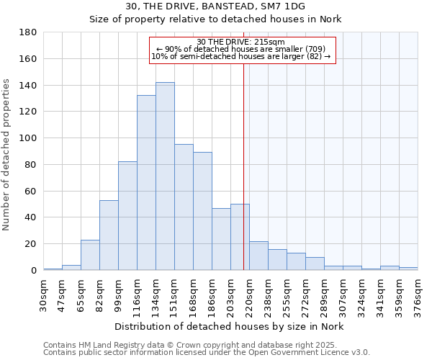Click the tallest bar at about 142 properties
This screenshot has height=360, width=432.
[x=165, y=176]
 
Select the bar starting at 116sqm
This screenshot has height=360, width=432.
[x=146, y=183]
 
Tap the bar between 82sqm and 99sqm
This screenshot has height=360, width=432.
[x=109, y=235]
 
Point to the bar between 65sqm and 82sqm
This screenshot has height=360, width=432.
[x=90, y=255]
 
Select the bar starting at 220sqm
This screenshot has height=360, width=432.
[x=258, y=256]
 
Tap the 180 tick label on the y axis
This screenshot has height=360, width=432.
[x=29, y=32]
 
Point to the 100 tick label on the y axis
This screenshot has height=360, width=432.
[x=29, y=138]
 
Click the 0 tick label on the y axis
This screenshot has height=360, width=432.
[x=33, y=271]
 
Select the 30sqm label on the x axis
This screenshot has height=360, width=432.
[x=44, y=295]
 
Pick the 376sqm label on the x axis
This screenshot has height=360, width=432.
[x=418, y=295]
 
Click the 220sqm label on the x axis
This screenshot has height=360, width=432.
[x=250, y=295]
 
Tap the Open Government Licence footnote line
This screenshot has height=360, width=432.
[x=207, y=353]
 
